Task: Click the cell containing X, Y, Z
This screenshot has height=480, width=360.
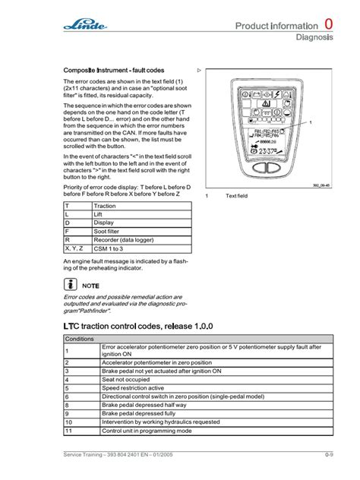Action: [x=75, y=248]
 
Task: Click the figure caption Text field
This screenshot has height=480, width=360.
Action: [x=236, y=196]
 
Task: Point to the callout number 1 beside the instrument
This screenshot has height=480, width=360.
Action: [x=311, y=122]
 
